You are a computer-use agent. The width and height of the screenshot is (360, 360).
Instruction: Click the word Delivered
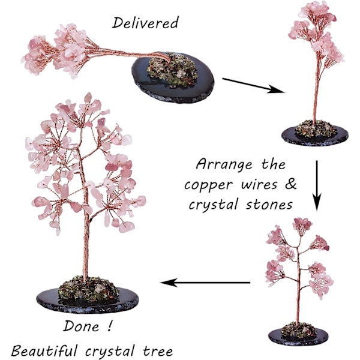[x=145, y=23]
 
